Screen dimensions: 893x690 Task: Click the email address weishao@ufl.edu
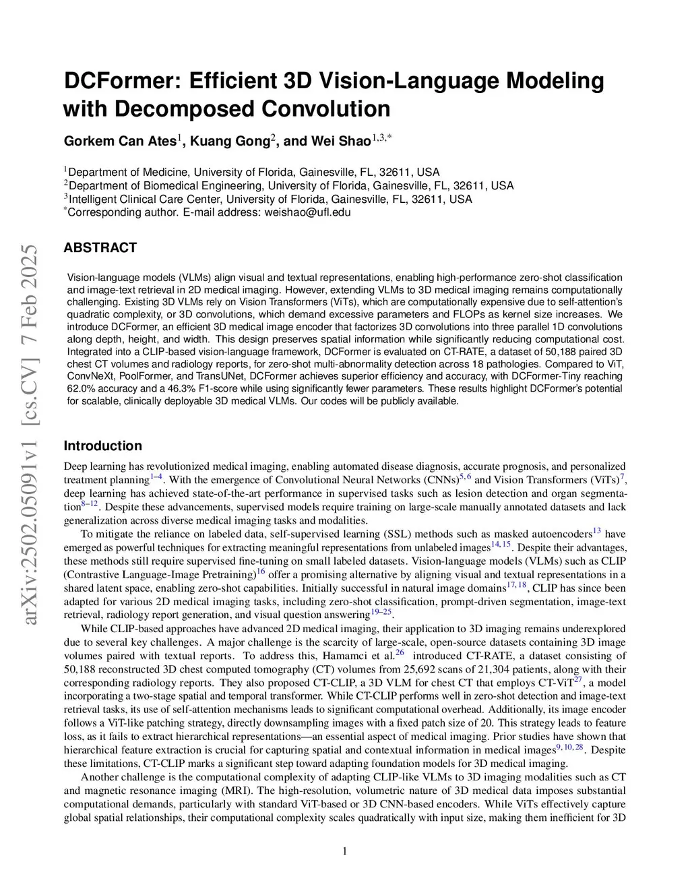click(306, 212)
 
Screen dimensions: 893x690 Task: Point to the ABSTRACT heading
click(100, 247)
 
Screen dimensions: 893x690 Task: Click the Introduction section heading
click(102, 445)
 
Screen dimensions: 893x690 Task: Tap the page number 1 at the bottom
click(345, 851)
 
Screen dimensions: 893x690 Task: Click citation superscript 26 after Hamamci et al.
click(400, 652)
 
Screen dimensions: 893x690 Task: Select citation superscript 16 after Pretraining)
click(261, 572)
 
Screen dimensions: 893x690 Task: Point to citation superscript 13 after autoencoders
click(596, 531)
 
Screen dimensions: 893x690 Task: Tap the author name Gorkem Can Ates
click(120, 141)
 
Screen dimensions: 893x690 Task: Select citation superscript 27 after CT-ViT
click(577, 679)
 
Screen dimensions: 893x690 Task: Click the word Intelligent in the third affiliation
click(92, 199)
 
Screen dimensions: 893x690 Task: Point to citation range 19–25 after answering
click(381, 612)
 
